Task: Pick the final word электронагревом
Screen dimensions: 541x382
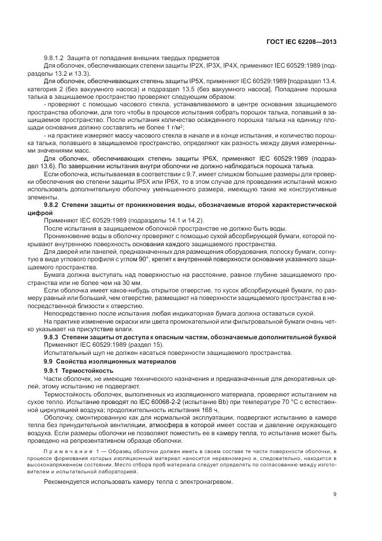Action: click(x=203, y=483)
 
